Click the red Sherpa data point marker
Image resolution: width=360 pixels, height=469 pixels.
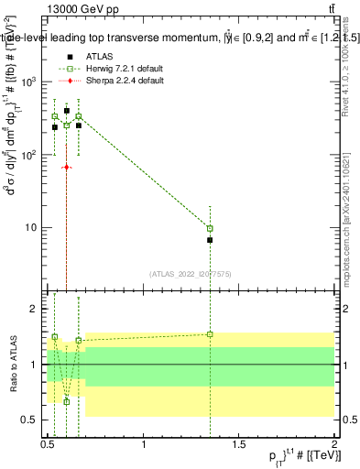click(66, 167)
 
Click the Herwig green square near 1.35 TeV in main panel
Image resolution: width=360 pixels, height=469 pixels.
click(211, 228)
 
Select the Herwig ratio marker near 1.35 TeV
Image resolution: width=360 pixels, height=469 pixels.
click(211, 334)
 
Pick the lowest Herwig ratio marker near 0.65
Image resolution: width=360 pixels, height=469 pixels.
click(66, 401)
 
